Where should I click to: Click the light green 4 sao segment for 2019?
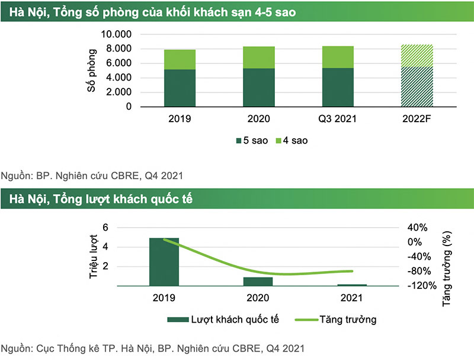[180, 59]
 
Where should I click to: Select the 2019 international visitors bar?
[164, 262]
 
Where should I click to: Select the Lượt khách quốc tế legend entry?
[229, 320]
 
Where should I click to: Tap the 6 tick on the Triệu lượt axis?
[105, 228]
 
